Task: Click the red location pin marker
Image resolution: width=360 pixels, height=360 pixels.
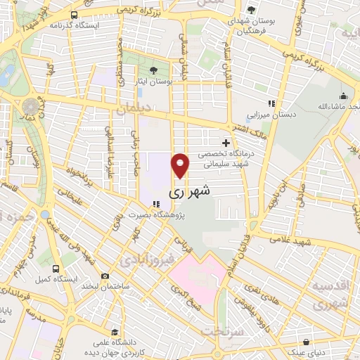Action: pos(181,165)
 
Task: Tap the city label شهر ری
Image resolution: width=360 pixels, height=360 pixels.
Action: pos(190,191)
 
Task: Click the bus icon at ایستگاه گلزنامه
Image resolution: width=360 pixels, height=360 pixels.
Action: pos(75,14)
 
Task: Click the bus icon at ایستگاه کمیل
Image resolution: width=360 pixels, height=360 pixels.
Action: pos(56,269)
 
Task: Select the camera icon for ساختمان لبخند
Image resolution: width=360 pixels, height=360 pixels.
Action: pos(105,276)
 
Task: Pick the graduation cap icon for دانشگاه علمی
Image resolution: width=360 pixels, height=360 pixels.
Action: pos(112,329)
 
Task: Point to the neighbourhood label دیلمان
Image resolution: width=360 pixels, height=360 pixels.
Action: pos(134,110)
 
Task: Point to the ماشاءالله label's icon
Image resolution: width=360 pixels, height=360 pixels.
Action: pos(344,96)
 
